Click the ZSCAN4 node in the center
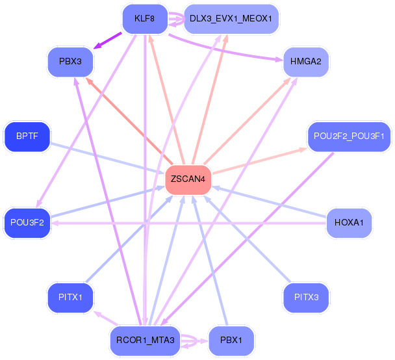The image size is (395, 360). click(188, 179)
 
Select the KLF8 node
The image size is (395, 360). click(144, 18)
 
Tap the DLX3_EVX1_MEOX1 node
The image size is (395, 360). click(231, 18)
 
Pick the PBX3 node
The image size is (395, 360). click(70, 62)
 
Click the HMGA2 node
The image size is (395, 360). click(306, 62)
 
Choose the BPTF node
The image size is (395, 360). click(27, 136)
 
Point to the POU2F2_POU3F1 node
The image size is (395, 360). click(349, 136)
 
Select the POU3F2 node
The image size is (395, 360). click(27, 222)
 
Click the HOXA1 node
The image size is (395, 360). click(349, 222)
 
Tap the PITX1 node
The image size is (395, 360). click(70, 298)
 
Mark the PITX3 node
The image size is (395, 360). click(306, 298)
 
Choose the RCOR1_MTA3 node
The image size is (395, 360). click(145, 341)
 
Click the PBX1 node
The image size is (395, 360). click(231, 341)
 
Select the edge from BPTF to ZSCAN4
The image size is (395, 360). click(104, 157)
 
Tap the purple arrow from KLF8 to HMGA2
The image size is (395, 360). click(227, 51)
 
